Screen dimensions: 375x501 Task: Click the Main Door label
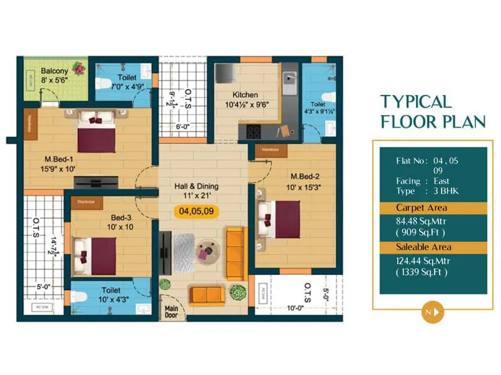point(172,312)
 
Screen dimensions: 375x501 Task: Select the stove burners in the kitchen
point(254,131)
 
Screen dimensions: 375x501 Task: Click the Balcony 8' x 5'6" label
point(54,76)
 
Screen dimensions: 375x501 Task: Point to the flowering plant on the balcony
point(78,67)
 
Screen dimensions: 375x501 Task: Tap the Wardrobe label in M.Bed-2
point(270,150)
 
